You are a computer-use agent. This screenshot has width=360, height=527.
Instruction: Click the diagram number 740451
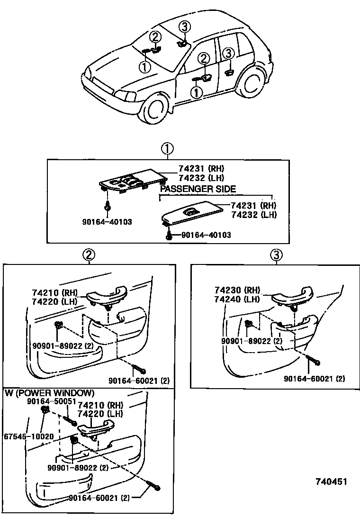(x=331, y=482)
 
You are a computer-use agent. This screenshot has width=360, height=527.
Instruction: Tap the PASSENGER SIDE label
(x=198, y=189)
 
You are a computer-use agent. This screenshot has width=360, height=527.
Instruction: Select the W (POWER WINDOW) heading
(x=49, y=393)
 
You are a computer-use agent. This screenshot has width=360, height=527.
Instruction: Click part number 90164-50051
(x=52, y=401)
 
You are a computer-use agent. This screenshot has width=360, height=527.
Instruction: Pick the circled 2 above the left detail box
(x=88, y=254)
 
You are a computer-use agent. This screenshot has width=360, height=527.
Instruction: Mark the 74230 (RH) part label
(x=236, y=291)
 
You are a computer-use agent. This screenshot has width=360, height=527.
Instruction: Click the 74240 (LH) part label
(x=236, y=299)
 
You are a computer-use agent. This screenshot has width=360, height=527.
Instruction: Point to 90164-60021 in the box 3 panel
(x=315, y=379)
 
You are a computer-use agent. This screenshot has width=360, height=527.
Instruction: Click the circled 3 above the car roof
(x=185, y=27)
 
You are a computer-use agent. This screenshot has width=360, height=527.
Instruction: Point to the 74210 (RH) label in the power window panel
(x=100, y=405)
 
